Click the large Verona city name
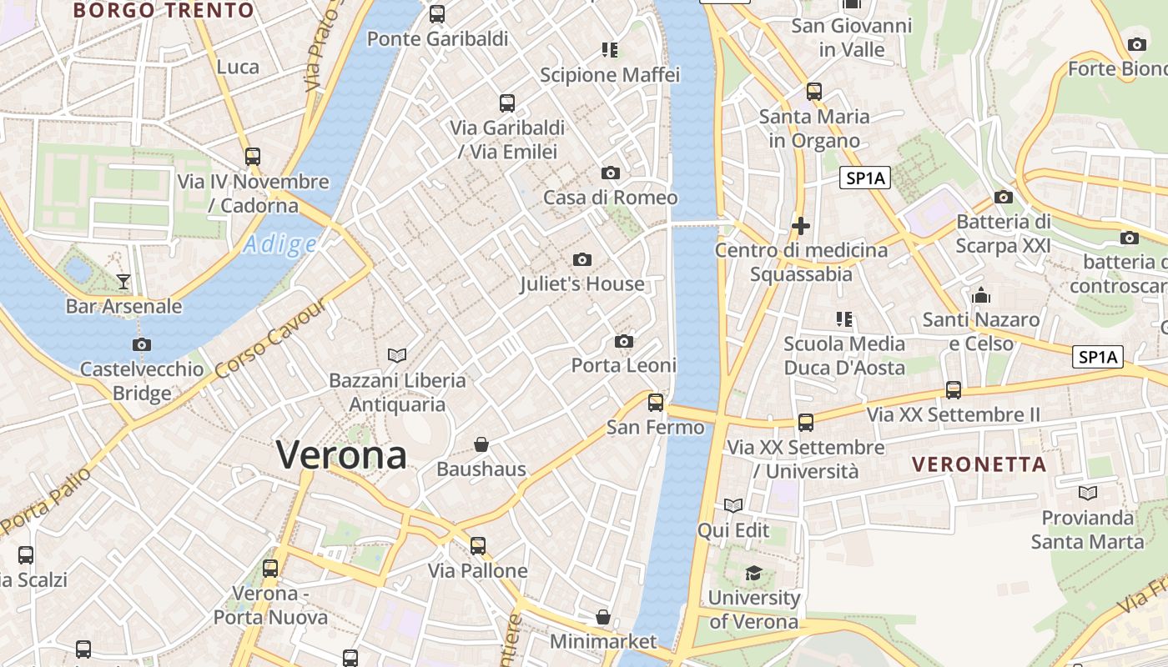pyautogui.click(x=342, y=455)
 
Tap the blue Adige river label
pyautogui.click(x=280, y=244)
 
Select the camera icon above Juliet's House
pyautogui.click(x=582, y=260)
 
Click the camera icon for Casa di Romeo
pyautogui.click(x=611, y=173)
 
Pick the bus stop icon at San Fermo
pyautogui.click(x=656, y=403)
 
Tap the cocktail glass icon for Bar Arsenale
pyautogui.click(x=123, y=282)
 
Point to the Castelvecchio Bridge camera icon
pyautogui.click(x=142, y=344)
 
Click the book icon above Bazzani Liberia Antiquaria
pyautogui.click(x=397, y=356)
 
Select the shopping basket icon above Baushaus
pyautogui.click(x=481, y=444)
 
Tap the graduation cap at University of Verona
pyautogui.click(x=753, y=573)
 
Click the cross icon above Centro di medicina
pyautogui.click(x=801, y=226)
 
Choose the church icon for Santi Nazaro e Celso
pyautogui.click(x=981, y=296)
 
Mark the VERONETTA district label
pyautogui.click(x=979, y=464)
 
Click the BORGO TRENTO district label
pyautogui.click(x=164, y=11)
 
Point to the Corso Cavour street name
pyautogui.click(x=270, y=339)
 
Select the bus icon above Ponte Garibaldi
pyautogui.click(x=437, y=14)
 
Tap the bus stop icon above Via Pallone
pyautogui.click(x=478, y=546)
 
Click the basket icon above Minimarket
pyautogui.click(x=603, y=618)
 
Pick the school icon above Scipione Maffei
pyautogui.click(x=610, y=50)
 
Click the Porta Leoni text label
pyautogui.click(x=623, y=365)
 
